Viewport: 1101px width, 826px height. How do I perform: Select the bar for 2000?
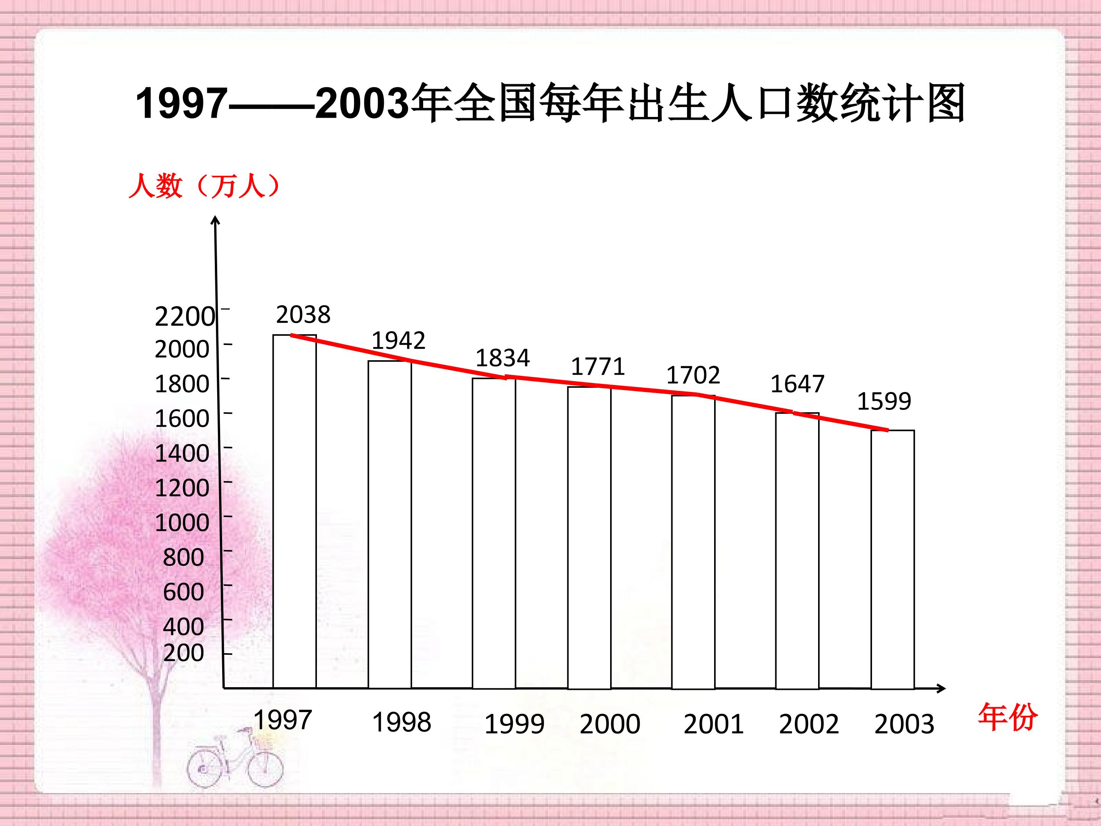tap(589, 538)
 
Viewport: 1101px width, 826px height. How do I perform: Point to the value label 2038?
tap(303, 315)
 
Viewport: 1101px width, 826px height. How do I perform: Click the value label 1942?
tap(398, 341)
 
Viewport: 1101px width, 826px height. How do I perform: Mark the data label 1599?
tap(884, 401)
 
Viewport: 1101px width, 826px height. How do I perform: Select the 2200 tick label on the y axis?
tap(185, 317)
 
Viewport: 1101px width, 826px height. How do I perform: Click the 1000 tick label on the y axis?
tap(182, 523)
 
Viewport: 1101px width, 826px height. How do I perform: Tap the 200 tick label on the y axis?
tap(183, 652)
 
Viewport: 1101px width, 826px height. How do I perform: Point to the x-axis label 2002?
tap(809, 724)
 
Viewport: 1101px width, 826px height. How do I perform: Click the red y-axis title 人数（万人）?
tap(205, 187)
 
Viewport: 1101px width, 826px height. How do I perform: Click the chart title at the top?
tap(550, 103)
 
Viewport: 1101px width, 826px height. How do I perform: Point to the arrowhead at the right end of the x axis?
tap(941, 689)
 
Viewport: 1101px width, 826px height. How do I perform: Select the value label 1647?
tap(797, 384)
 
